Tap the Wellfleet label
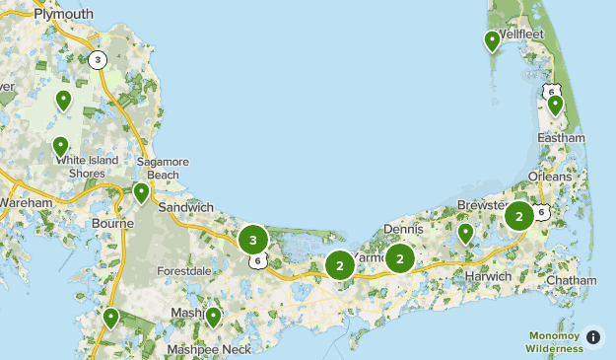coord(521,33)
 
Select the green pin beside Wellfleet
coord(492,40)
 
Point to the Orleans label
coord(549,176)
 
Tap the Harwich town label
coord(488,276)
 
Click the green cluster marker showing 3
coord(253,239)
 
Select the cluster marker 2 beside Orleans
coord(518,215)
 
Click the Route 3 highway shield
coord(97,60)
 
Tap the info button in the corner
coord(592,337)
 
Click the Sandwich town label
coord(185,207)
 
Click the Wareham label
coord(26,202)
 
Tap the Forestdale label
coord(185,270)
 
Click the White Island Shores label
coord(87,167)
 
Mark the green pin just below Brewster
coord(465,234)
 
